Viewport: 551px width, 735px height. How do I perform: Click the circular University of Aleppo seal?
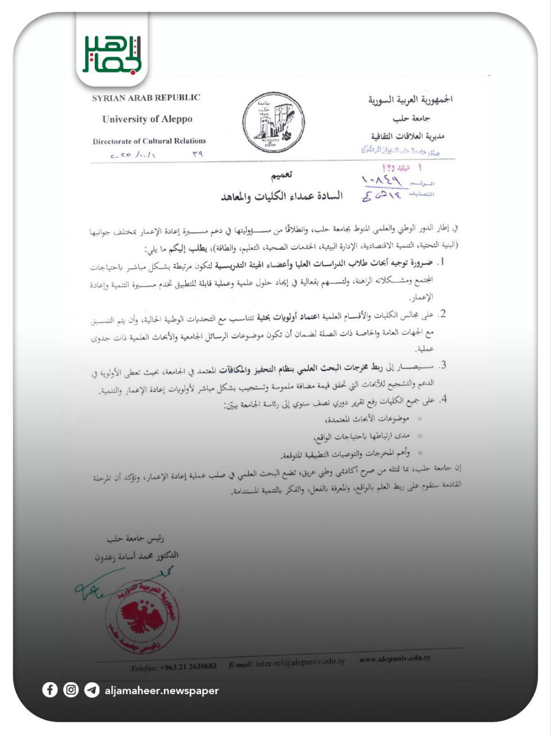click(x=272, y=123)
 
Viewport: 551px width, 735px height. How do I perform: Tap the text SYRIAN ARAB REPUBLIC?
click(x=146, y=98)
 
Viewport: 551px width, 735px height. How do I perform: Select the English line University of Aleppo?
click(x=147, y=119)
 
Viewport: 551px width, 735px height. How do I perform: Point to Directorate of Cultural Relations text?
click(x=149, y=141)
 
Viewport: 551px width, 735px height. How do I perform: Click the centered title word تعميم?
click(x=282, y=175)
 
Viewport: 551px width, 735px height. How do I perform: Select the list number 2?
click(x=442, y=314)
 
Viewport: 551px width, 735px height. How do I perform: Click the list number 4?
click(x=442, y=399)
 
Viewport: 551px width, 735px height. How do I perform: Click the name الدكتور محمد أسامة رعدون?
click(x=137, y=556)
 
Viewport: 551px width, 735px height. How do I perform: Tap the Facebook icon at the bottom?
click(x=50, y=690)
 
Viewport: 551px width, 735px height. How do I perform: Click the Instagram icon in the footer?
click(x=71, y=690)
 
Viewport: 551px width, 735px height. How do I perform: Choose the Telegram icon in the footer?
click(x=91, y=690)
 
